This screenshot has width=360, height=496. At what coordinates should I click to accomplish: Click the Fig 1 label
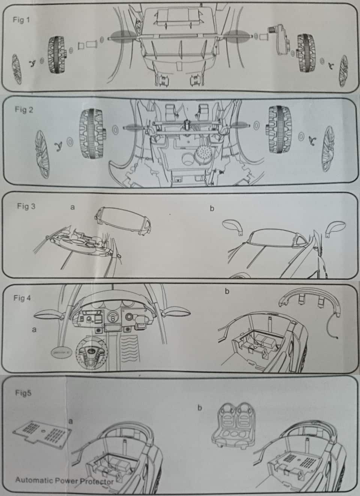(21, 20)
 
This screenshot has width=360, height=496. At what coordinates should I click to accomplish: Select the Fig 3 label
(26, 206)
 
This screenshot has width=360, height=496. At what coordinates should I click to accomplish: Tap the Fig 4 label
(22, 298)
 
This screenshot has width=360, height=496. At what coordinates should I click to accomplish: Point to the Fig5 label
(23, 394)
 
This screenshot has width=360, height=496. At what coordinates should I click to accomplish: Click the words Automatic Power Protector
(64, 481)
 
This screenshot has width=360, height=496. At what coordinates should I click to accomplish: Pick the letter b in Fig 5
(199, 408)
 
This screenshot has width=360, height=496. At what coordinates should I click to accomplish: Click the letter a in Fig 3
(72, 207)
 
